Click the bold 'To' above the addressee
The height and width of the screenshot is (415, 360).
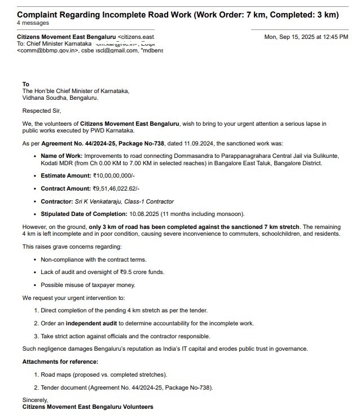25,84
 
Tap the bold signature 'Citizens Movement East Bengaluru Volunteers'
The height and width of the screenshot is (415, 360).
87,406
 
